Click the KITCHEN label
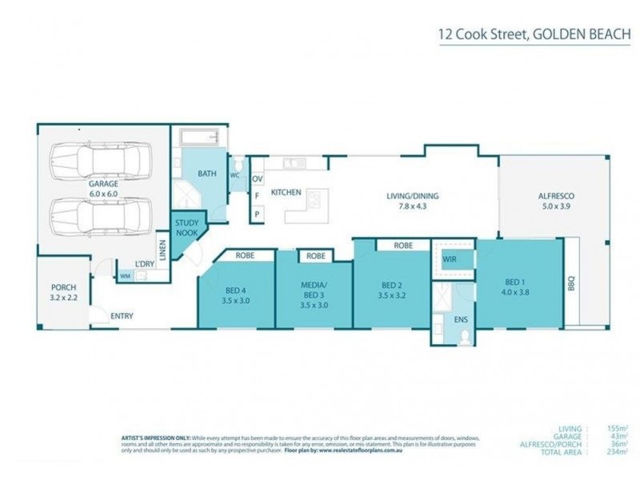coord(286,193)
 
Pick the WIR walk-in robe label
coord(451,258)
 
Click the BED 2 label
coord(391,290)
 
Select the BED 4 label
coord(236,295)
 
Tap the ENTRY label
coord(122,316)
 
